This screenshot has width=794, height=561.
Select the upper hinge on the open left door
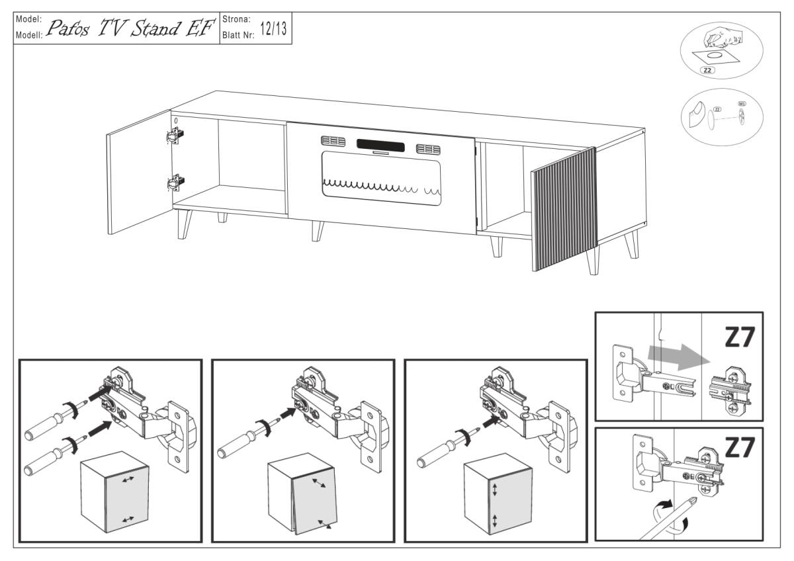175,134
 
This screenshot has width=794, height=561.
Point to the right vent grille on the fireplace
428,149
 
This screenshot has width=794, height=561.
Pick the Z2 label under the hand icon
707,69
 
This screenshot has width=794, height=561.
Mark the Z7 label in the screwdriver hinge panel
738,448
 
